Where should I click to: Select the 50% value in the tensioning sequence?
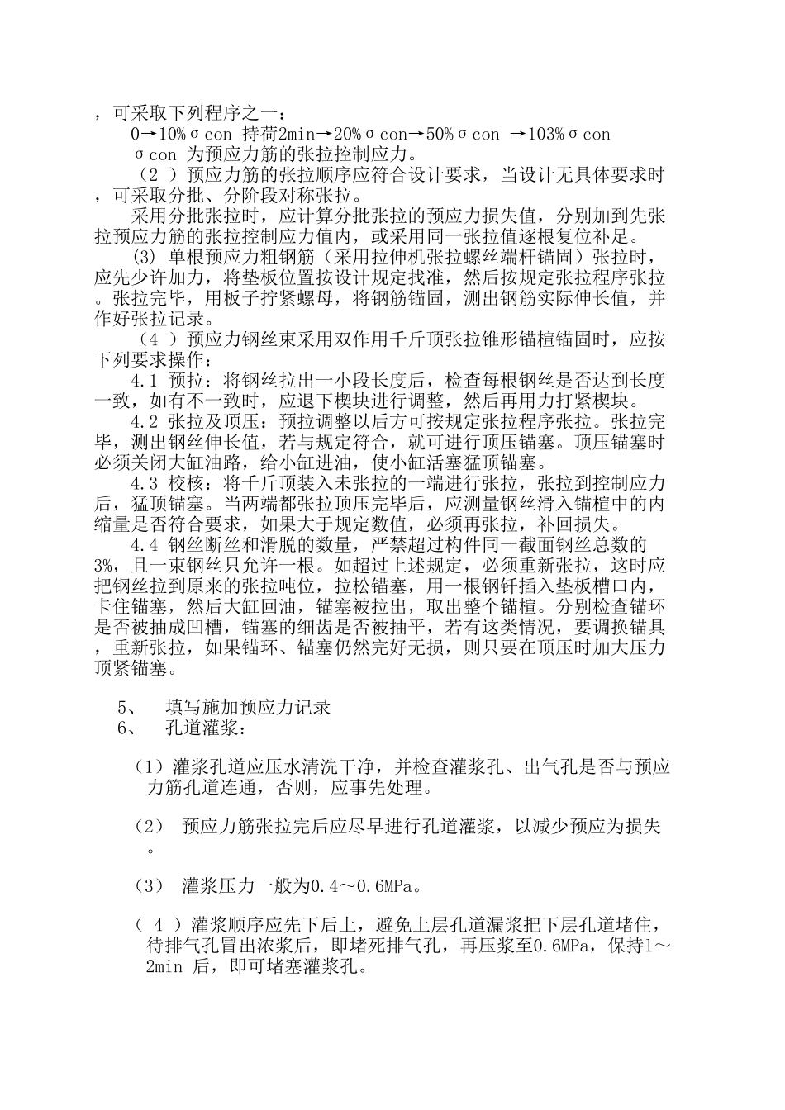(x=440, y=134)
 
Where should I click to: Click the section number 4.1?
(x=144, y=382)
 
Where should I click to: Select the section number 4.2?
(x=144, y=422)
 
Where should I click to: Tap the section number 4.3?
(x=144, y=482)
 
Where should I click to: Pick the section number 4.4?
(x=144, y=544)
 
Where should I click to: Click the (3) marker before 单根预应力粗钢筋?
(x=144, y=256)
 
